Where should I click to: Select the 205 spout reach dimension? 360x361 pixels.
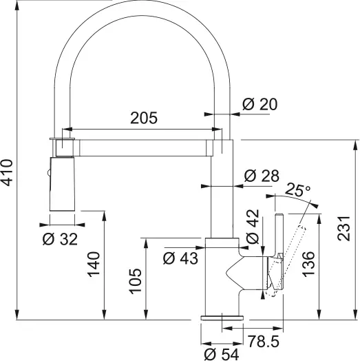[143, 118]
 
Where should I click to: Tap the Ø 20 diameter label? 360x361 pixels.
[259, 104]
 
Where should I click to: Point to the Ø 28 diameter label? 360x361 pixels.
[262, 176]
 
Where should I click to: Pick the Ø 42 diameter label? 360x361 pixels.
[252, 228]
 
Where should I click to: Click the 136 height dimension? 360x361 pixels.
[309, 264]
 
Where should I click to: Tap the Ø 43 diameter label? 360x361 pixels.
[180, 258]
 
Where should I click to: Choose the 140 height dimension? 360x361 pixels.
[94, 264]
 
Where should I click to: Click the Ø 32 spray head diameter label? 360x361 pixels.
[60, 240]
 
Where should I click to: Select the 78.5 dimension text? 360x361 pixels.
[264, 340]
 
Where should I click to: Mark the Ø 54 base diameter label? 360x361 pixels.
[221, 354]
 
